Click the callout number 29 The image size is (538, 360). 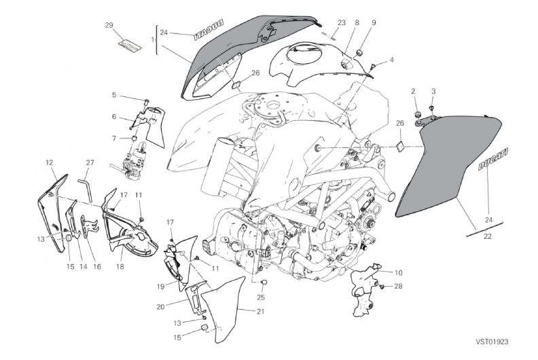pos(108,25)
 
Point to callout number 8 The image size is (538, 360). pos(357,23)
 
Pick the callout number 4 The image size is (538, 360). pos(391,59)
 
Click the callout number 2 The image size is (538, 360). pos(413,91)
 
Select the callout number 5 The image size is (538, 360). pos(114,95)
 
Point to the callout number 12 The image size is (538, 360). pos(50,162)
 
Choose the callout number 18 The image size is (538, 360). pos(120,249)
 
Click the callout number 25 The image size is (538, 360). pos(261,296)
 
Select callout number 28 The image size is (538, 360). pos(398,286)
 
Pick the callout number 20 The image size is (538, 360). pos(160,307)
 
